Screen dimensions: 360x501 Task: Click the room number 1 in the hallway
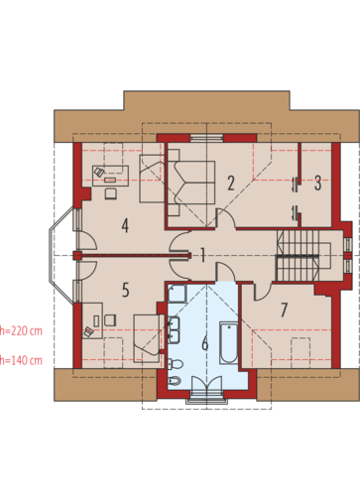tap(202, 255)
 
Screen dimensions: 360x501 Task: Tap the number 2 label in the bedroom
tap(231, 183)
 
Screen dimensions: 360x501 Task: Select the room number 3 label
tap(317, 183)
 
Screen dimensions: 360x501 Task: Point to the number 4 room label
tap(125, 226)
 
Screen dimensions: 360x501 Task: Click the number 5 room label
tap(125, 290)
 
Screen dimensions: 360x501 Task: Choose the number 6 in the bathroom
tap(205, 343)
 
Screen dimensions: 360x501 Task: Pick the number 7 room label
tap(284, 310)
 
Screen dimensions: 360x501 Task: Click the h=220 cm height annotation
tap(21, 330)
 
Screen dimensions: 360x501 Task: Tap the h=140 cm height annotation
tap(21, 360)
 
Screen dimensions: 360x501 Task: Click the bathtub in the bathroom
tap(229, 343)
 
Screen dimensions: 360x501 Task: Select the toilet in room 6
tap(175, 364)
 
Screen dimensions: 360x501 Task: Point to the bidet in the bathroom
tap(175, 382)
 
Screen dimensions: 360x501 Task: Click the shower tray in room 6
tap(178, 294)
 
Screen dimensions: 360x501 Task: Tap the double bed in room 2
tap(191, 183)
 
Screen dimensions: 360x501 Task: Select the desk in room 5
tap(92, 320)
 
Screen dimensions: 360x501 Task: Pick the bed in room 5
tap(149, 338)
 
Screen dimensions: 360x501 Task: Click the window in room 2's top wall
tap(206, 138)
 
